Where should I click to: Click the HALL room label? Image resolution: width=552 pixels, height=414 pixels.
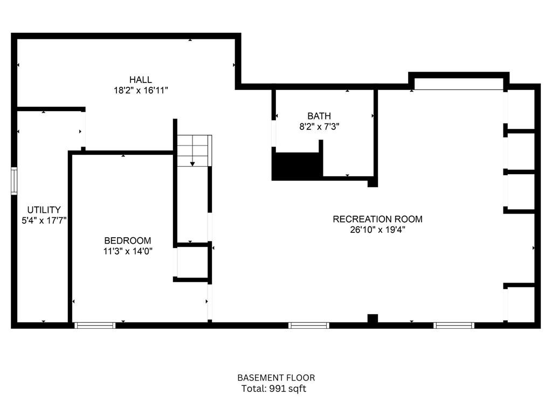click(x=140, y=80)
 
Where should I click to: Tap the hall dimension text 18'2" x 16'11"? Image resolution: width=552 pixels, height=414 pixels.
click(x=140, y=91)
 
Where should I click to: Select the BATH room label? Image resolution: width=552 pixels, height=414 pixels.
click(x=319, y=116)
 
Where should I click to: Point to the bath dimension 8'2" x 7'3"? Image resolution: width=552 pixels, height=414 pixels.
click(x=319, y=127)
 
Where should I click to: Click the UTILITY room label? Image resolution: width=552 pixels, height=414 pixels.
click(x=44, y=210)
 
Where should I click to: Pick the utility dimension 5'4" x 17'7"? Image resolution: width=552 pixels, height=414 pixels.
click(x=44, y=220)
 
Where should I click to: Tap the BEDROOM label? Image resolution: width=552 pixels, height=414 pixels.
click(x=128, y=240)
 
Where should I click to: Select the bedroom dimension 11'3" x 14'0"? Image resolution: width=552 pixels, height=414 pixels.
click(x=128, y=251)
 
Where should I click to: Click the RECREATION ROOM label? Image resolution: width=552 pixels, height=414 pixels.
click(x=377, y=219)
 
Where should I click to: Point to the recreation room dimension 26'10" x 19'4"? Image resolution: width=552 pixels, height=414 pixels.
click(x=377, y=230)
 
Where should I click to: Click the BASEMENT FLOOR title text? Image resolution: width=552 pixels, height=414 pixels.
click(x=276, y=378)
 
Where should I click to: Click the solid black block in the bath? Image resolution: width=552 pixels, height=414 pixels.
click(x=297, y=165)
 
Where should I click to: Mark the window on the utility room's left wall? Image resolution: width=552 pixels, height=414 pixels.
click(x=15, y=181)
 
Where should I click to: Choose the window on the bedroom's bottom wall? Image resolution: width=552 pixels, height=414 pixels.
click(x=95, y=325)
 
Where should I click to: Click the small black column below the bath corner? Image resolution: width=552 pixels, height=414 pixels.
click(x=372, y=183)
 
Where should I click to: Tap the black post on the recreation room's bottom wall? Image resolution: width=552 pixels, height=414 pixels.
click(x=372, y=318)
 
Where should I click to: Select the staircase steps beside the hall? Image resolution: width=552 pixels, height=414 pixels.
click(x=194, y=150)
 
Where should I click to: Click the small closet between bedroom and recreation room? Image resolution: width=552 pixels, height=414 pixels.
click(x=192, y=263)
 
